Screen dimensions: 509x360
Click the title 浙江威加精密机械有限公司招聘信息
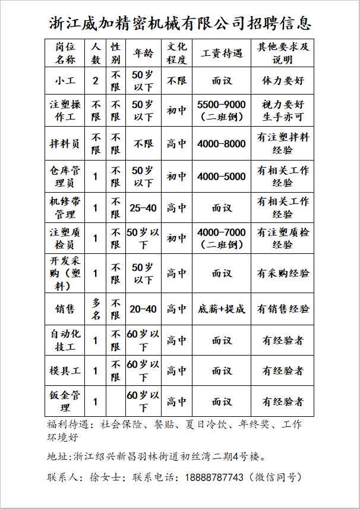[179, 24]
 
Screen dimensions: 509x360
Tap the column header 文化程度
[176, 53]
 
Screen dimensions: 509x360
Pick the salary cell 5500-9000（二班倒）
[222, 111]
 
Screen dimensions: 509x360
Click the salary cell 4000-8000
[222, 143]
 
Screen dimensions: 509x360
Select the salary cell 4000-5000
[222, 176]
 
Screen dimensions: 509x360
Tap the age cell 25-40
[143, 208]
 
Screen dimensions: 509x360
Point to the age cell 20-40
[143, 309]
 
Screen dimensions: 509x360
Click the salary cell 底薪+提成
[222, 309]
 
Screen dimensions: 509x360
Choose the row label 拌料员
[65, 143]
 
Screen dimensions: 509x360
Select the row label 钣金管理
[65, 401]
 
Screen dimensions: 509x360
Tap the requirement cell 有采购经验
[283, 273]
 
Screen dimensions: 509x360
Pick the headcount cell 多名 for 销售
[96, 309]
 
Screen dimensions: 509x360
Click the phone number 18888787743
[214, 477]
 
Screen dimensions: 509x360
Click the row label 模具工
[65, 370]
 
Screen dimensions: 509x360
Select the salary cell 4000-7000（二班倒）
[222, 238]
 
